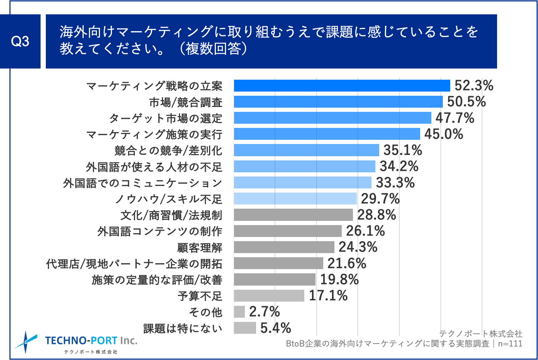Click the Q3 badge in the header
pos(20,42)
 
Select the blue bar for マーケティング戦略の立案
pos(342,86)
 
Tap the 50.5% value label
pos(466,102)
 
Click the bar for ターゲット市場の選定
pos(332,118)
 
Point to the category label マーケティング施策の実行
pos(154,135)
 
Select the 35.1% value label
pos(403,150)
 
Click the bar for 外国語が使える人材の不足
pos(304,166)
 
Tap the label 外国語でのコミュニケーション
pos(143,183)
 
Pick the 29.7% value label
pos(380,199)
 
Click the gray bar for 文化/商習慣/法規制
pos(293,215)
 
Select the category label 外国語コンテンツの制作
pos(160,231)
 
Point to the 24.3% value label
pos(358,247)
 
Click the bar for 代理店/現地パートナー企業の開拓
pos(278,263)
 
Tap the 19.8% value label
pos(339,280)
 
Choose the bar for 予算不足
pos(269,296)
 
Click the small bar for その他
pos(239,312)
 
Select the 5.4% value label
pos(276,328)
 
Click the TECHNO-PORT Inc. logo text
pos(91,341)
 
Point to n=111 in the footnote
pos(510,344)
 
